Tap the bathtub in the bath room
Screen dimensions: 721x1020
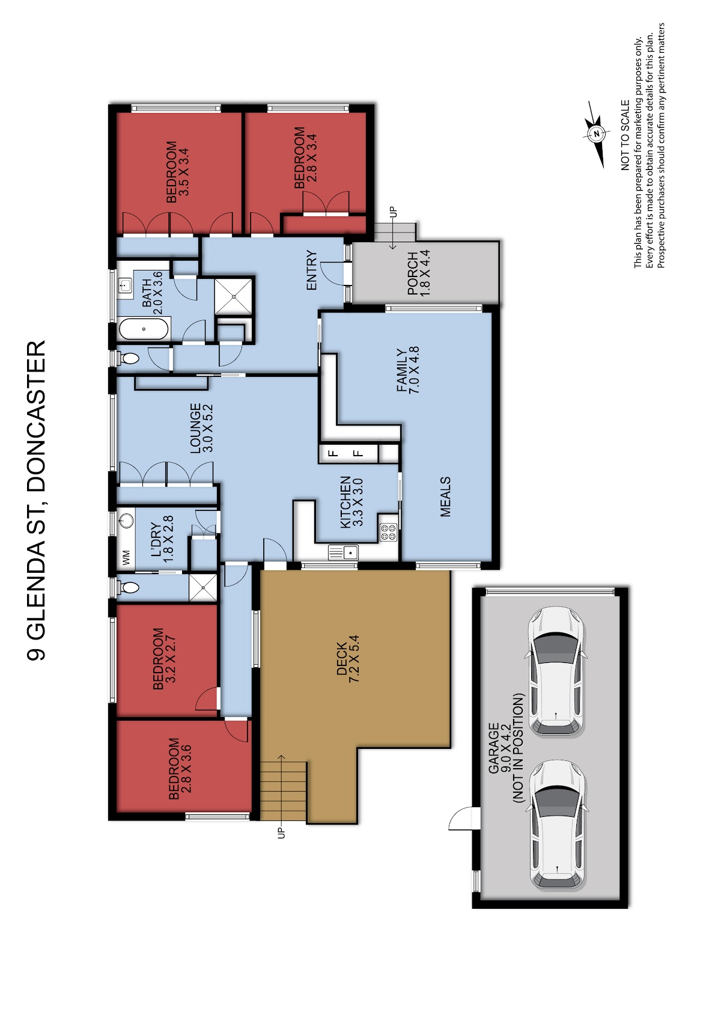[144, 329]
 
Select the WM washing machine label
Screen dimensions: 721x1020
[127, 557]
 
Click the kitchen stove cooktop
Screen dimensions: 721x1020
[388, 531]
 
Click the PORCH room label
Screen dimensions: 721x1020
[412, 273]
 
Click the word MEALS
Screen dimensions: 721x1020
[445, 497]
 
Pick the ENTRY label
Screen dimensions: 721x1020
[311, 270]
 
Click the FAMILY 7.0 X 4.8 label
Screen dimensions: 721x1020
[408, 370]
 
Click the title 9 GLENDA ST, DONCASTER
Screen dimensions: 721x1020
[36, 500]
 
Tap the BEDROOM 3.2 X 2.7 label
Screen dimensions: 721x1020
[164, 658]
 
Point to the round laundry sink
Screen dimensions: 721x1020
[127, 520]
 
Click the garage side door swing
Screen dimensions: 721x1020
[461, 818]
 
